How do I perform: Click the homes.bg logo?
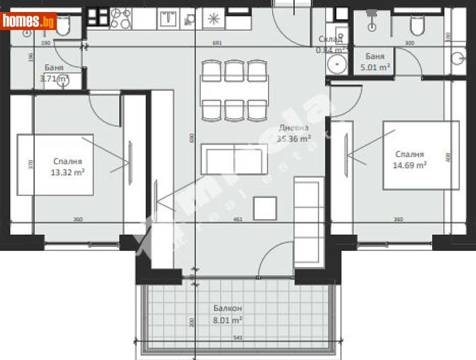point(28,21)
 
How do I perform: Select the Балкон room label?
point(228,308)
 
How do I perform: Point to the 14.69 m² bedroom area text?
point(410,165)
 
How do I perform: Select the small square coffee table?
point(265,208)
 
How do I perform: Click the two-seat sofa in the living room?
point(234,160)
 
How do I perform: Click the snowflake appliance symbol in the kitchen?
point(213,18)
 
